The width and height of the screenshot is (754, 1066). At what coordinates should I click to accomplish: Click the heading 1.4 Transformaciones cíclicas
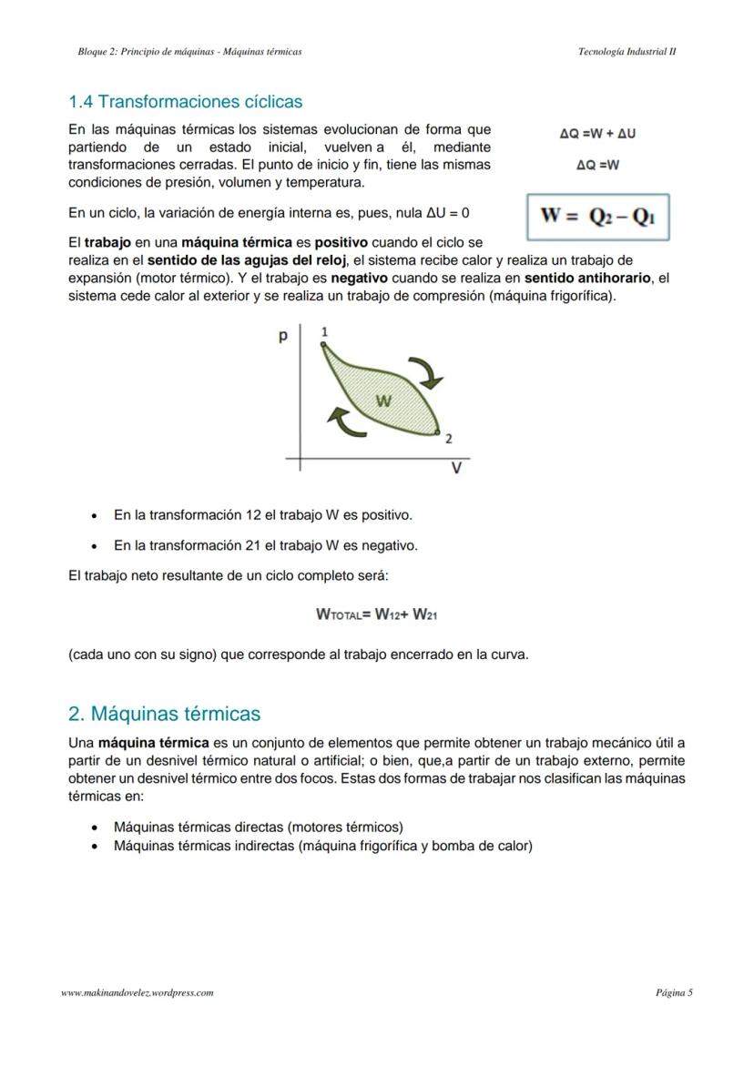pos(186,102)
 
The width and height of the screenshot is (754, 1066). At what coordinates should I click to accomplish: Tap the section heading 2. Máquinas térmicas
pos(164,714)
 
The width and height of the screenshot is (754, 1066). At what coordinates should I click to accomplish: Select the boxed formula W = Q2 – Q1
pos(598,217)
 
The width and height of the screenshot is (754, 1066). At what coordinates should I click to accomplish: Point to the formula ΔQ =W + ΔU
pos(597,134)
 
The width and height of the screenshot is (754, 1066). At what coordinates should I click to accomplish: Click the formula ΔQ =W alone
pos(597,166)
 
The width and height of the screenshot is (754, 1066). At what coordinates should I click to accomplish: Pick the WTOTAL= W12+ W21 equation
pos(377,614)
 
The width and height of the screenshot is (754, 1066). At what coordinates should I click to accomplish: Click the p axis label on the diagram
pos(283,337)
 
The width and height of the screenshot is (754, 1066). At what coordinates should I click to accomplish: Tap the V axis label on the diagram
pos(456,469)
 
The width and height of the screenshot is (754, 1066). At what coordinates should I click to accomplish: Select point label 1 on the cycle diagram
pos(324,333)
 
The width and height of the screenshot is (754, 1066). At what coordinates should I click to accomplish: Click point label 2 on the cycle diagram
pos(448,439)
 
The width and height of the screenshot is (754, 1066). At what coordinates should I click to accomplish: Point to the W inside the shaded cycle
pos(383,401)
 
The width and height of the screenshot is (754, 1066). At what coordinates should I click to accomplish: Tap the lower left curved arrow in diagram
pos(339,421)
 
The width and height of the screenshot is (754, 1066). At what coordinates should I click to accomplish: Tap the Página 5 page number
pos(674,992)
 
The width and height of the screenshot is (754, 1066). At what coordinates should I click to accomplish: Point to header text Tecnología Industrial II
pos(627,52)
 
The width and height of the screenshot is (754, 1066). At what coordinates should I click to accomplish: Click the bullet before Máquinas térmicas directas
pos(96,827)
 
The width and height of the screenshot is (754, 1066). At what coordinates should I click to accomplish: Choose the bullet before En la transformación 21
pos(96,546)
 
